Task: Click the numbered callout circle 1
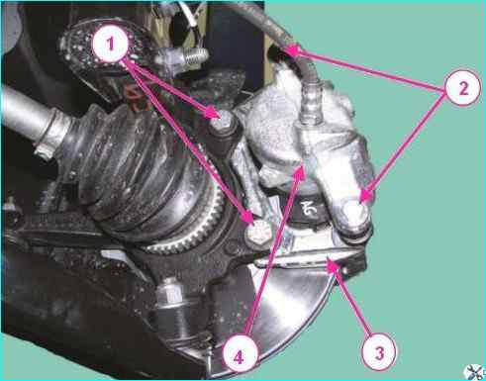tap(110, 45)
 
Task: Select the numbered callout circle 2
tap(462, 88)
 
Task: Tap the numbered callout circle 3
tap(379, 352)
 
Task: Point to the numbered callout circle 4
tap(239, 356)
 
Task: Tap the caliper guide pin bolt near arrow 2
tap(354, 214)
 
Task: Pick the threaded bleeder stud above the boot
tap(186, 55)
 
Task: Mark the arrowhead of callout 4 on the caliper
tap(300, 172)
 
